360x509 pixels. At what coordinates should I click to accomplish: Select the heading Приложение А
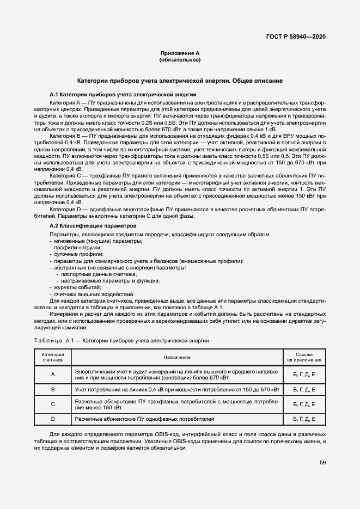point(180,53)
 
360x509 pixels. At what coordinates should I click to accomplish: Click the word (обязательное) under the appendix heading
point(180,59)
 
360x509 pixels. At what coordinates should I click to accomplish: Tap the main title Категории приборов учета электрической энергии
point(180,81)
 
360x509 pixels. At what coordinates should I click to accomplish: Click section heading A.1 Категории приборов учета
point(119,94)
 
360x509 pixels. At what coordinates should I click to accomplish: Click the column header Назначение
point(177,357)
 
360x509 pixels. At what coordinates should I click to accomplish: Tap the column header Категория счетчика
point(53,357)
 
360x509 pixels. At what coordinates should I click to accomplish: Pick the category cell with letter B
point(53,389)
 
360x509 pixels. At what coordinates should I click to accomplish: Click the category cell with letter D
point(53,419)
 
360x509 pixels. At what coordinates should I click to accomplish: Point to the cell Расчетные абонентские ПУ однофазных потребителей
point(145,419)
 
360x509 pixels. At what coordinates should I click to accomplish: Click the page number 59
point(322,463)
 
